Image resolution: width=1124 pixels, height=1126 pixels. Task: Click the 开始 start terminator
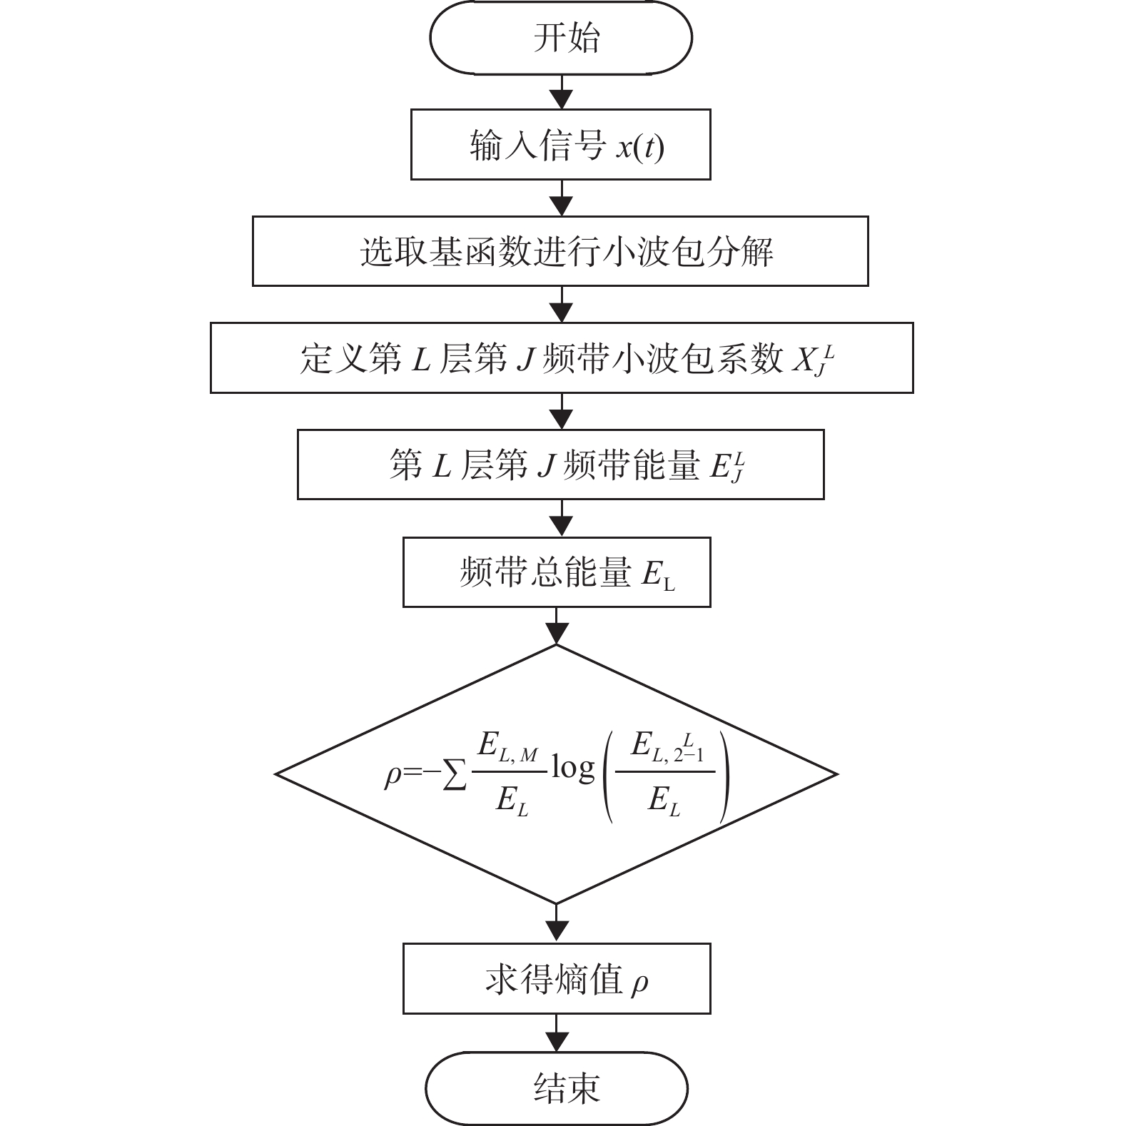pos(560,37)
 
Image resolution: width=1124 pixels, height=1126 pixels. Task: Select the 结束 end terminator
pos(557,1089)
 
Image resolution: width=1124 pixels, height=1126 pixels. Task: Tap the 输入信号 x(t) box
pos(560,144)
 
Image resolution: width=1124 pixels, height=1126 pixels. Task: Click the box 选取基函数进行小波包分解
pos(560,251)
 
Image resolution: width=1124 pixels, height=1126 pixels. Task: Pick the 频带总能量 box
pos(557,572)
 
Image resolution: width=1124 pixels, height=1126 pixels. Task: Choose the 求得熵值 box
pos(557,979)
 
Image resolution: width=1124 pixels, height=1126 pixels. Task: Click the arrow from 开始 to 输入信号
pos(562,91)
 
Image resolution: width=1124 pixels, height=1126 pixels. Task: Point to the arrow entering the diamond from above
pos(557,626)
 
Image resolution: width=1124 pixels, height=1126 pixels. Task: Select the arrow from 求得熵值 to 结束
pos(557,1033)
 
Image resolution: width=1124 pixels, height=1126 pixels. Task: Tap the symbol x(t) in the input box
pos(640,147)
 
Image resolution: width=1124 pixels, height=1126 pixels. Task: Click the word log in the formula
pos(572,769)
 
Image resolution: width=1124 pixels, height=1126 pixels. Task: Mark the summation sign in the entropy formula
pos(455,775)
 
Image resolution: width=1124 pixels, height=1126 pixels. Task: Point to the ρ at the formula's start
pos(393,776)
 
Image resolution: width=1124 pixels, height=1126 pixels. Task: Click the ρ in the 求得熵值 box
pos(639,984)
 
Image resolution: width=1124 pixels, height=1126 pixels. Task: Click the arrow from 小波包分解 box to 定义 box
pos(562,305)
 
